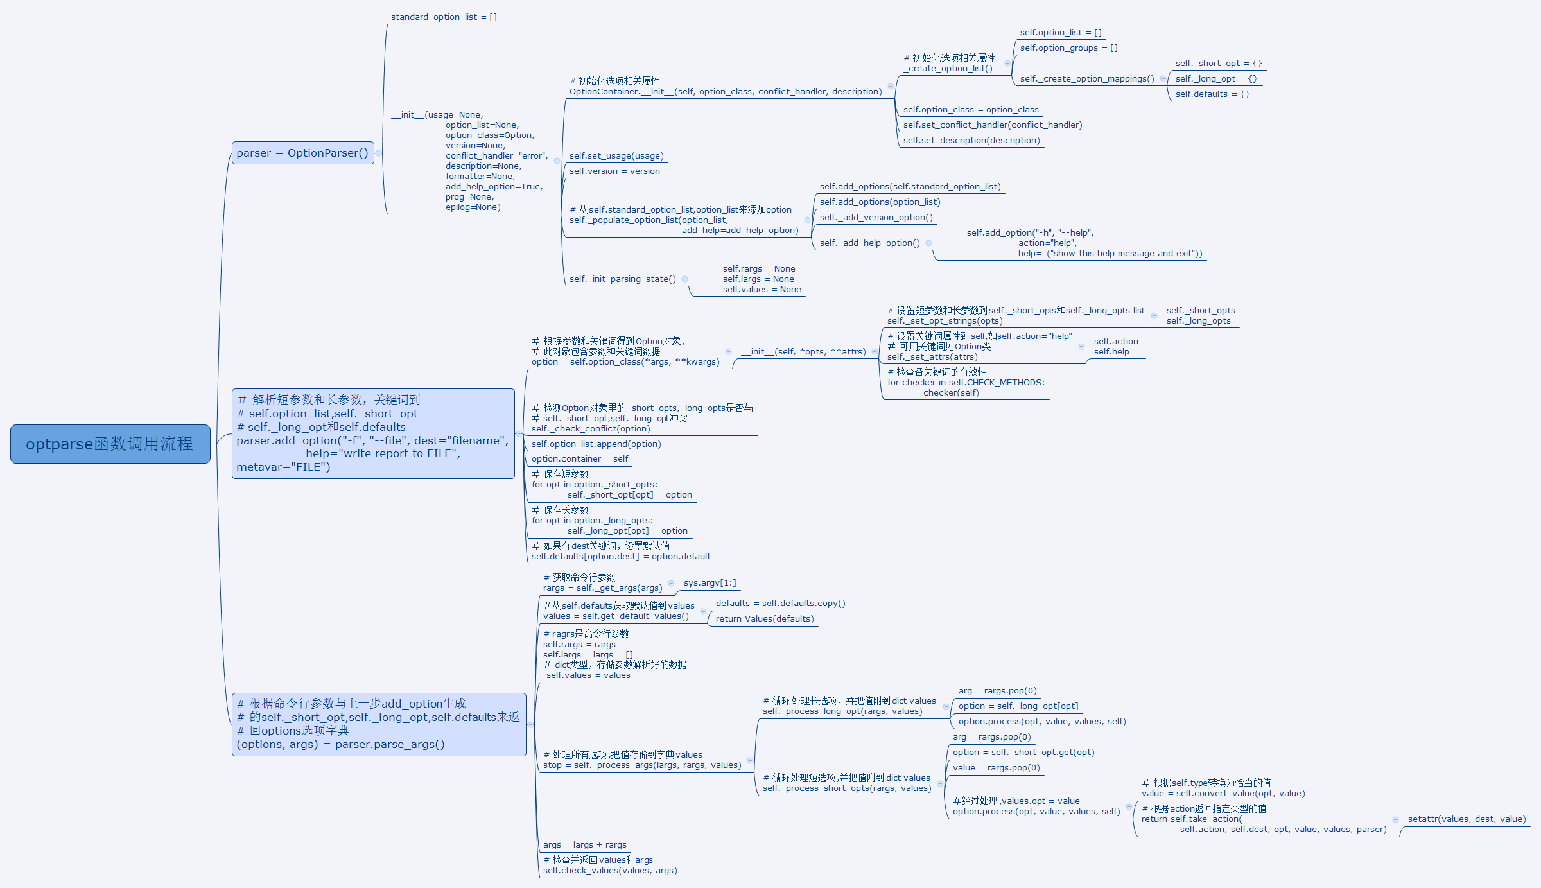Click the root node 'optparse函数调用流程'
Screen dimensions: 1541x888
(x=110, y=444)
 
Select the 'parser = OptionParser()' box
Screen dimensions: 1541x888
(x=302, y=153)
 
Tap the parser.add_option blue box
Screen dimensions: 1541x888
(x=373, y=433)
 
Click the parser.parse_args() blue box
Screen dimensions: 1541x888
(x=379, y=724)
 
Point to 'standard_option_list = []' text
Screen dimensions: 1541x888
(x=444, y=17)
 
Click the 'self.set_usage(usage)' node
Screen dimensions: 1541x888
(x=616, y=156)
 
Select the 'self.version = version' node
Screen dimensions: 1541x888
(x=614, y=171)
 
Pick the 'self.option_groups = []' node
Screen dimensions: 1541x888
(x=1068, y=48)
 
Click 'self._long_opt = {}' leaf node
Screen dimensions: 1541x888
(x=1216, y=79)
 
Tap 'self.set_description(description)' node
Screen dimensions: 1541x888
(x=971, y=141)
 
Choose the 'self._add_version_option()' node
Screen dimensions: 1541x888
(x=876, y=218)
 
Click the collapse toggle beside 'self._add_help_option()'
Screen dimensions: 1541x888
(x=929, y=243)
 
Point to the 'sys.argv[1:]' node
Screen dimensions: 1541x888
(x=710, y=583)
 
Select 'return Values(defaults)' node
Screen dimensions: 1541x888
(x=765, y=619)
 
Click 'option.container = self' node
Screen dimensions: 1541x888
(x=580, y=459)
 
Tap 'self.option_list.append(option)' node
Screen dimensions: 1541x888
(x=596, y=444)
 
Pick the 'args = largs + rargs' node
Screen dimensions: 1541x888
(x=584, y=845)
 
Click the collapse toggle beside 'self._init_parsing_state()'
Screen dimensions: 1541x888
(x=685, y=279)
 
